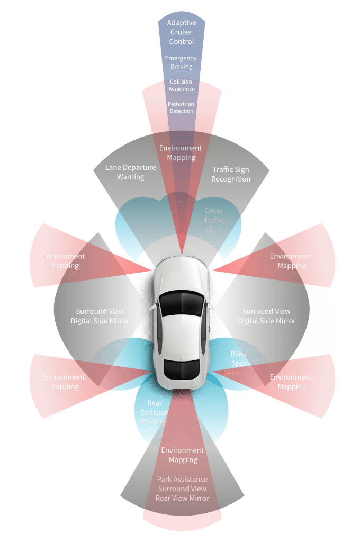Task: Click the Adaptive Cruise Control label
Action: [181, 32]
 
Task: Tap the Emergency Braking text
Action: [181, 62]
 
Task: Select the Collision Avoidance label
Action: [181, 85]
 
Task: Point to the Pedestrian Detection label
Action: [181, 107]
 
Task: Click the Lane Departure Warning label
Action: [131, 172]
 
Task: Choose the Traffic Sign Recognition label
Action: [231, 174]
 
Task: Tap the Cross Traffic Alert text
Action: [214, 220]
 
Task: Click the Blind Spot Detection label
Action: [239, 364]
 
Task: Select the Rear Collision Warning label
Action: [154, 413]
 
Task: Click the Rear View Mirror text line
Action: [183, 498]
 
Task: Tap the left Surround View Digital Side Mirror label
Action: [100, 316]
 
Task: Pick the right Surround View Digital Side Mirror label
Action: [266, 316]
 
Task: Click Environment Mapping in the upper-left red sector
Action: [64, 261]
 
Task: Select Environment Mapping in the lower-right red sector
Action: [292, 382]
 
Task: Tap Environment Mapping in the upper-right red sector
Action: [292, 261]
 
